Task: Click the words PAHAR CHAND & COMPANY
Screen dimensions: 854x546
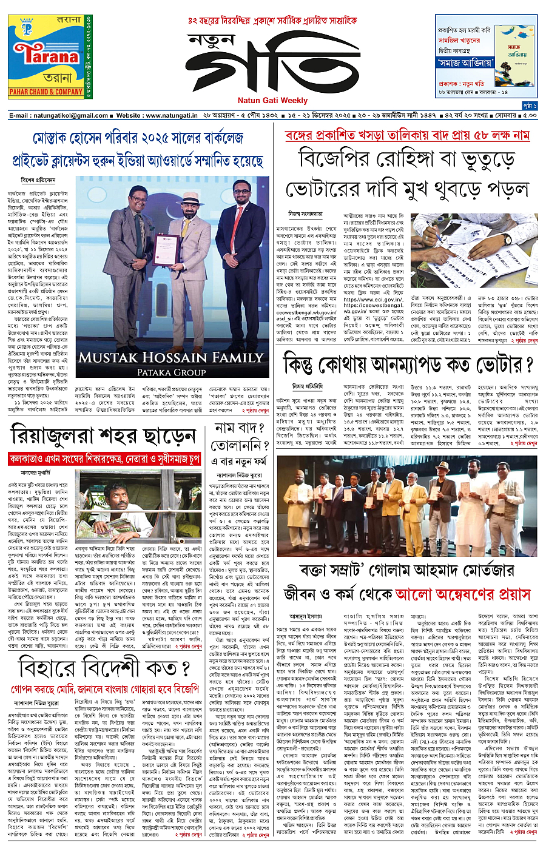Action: click(x=46, y=92)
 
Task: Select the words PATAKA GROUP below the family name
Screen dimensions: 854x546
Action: click(x=171, y=372)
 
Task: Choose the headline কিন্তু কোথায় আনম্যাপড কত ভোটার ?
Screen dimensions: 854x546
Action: click(x=408, y=365)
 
